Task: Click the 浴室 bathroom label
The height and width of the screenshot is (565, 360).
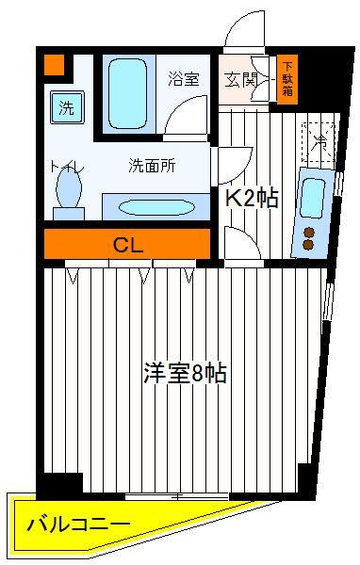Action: (184, 79)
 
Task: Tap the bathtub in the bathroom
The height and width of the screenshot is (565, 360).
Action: (127, 93)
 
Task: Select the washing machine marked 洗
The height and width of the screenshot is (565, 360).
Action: (67, 107)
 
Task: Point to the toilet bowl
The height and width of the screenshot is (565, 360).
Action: (69, 188)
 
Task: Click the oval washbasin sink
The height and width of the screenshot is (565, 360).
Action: (155, 207)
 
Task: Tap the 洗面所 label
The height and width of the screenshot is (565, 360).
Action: (152, 166)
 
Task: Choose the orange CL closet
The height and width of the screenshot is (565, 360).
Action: (127, 244)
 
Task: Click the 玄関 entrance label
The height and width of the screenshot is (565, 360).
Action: (240, 80)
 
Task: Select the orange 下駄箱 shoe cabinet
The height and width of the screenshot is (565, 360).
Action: (287, 79)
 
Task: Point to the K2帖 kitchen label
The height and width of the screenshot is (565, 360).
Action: (252, 198)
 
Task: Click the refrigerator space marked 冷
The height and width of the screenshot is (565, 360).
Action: (319, 141)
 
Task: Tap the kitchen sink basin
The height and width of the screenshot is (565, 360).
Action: (312, 198)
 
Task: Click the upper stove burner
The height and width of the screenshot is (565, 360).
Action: (308, 233)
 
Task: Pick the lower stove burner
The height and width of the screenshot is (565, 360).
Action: (307, 245)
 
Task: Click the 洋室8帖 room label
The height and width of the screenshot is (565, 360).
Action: (185, 373)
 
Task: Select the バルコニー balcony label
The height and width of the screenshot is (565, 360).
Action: (78, 524)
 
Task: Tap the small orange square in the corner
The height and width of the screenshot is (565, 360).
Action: (54, 65)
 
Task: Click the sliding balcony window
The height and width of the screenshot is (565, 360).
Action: (177, 496)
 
